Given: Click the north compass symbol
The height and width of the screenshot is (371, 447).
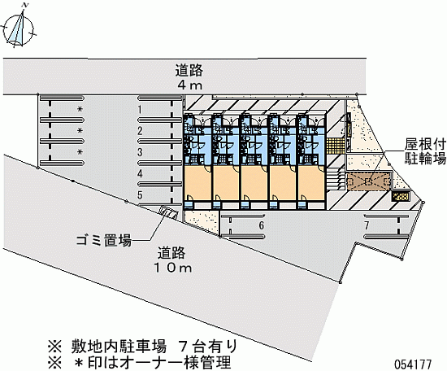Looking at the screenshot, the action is (18, 28).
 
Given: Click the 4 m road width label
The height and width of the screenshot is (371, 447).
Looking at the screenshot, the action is (189, 85).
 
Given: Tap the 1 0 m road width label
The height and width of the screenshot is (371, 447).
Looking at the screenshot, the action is (173, 268).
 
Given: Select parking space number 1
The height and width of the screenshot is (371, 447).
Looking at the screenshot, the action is (140, 110).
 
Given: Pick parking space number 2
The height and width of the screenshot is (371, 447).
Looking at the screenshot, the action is (140, 131).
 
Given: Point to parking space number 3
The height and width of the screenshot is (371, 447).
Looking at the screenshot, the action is (140, 152).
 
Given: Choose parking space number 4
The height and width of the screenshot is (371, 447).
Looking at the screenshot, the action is (140, 173).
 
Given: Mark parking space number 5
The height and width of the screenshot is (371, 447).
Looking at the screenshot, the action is (140, 195).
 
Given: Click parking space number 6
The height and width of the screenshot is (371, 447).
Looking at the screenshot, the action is (262, 225).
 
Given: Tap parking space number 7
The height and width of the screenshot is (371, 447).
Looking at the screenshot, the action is (367, 225).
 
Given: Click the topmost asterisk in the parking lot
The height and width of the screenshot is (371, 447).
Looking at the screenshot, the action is (80, 109).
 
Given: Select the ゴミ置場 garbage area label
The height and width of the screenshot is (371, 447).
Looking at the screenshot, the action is (103, 241).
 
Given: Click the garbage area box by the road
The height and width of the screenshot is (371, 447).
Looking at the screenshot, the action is (169, 212).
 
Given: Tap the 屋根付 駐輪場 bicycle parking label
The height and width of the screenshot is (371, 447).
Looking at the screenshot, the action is (425, 152).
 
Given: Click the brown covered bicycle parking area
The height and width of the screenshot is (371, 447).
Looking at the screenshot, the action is (368, 181).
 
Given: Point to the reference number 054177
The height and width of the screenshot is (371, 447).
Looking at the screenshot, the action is (413, 364).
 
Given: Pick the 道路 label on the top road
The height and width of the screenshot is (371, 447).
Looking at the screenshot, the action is (189, 71).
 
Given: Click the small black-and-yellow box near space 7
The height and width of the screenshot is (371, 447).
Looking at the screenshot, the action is (401, 197).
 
